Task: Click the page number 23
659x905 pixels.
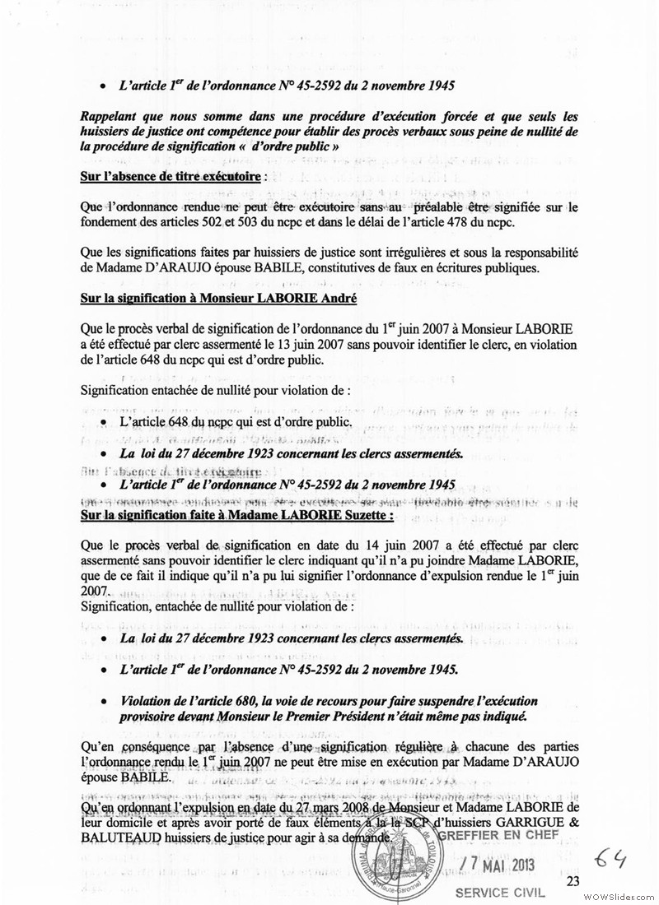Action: (574, 882)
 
